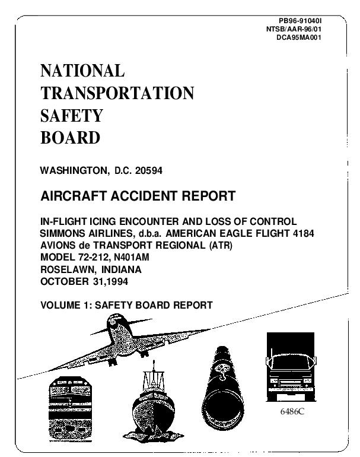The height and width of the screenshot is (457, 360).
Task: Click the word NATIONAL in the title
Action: (82, 71)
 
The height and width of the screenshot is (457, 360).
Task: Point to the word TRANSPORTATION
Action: (117, 93)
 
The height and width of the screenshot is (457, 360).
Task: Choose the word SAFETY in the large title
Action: (71, 115)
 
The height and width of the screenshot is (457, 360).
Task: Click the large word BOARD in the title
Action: (70, 138)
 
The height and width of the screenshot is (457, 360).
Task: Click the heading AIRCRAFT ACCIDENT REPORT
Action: (138, 196)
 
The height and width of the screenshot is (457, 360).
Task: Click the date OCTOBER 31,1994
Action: (84, 281)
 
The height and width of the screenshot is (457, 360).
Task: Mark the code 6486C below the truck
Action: (291, 411)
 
